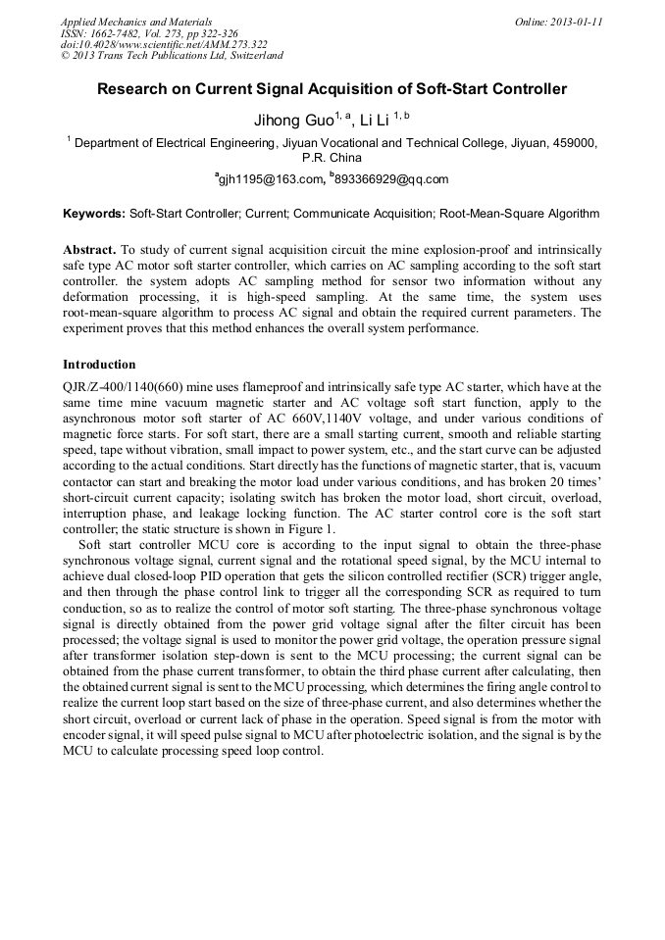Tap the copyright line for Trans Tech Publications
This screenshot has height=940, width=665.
tap(172, 56)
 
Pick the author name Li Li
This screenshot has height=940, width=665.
tap(375, 121)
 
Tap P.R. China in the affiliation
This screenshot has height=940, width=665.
tap(332, 157)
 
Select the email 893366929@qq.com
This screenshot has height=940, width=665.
tap(391, 179)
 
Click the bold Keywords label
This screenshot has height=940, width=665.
tap(94, 213)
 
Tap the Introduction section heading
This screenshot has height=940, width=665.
tap(99, 365)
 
